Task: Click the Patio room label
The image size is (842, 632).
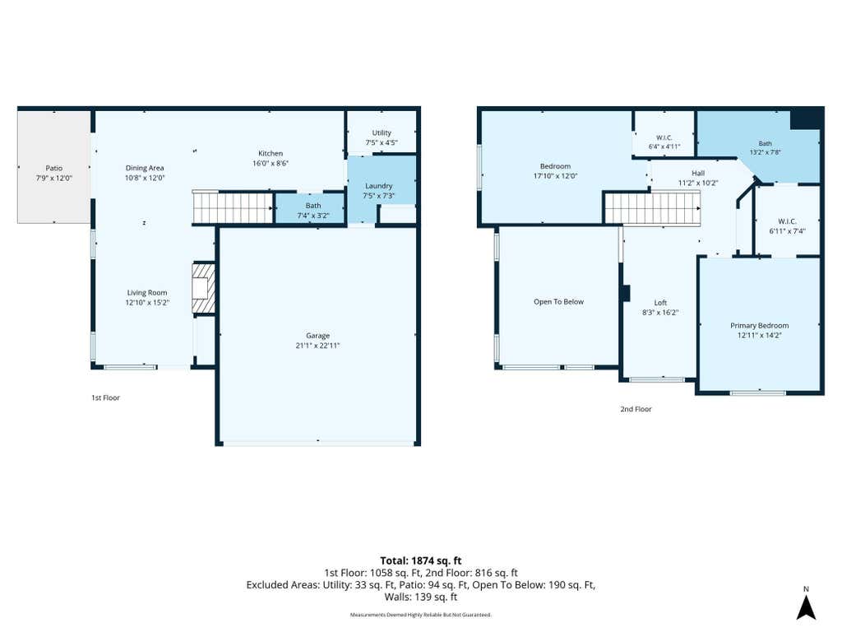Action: [53, 168]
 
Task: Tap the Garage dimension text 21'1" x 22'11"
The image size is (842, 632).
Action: [317, 346]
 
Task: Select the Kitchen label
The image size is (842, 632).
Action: [270, 153]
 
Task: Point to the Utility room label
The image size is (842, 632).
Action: [382, 132]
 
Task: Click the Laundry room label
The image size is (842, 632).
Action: [378, 186]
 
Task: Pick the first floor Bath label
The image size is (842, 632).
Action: [313, 205]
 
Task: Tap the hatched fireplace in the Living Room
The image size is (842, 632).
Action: [204, 287]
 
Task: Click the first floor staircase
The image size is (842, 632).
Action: [233, 207]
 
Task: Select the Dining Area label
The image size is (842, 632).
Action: [145, 168]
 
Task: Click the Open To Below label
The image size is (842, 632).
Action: [558, 301]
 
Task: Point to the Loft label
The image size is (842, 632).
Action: [660, 303]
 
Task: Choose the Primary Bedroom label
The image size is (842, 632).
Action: [759, 325]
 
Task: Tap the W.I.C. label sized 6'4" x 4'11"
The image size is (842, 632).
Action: [664, 137]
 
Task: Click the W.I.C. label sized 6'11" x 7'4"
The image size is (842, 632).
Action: [787, 221]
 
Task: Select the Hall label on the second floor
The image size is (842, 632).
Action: [698, 173]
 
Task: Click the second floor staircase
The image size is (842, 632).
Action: [652, 208]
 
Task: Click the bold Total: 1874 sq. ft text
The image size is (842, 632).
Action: [421, 561]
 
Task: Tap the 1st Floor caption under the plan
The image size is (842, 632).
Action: [105, 397]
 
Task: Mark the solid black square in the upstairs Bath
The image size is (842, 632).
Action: [807, 118]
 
